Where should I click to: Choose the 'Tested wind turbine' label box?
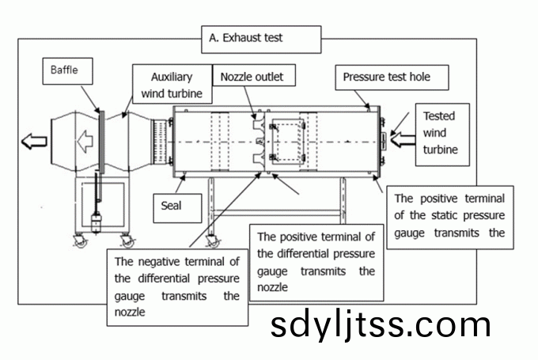pos(441,132)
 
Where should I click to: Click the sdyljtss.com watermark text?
pos(381,325)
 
